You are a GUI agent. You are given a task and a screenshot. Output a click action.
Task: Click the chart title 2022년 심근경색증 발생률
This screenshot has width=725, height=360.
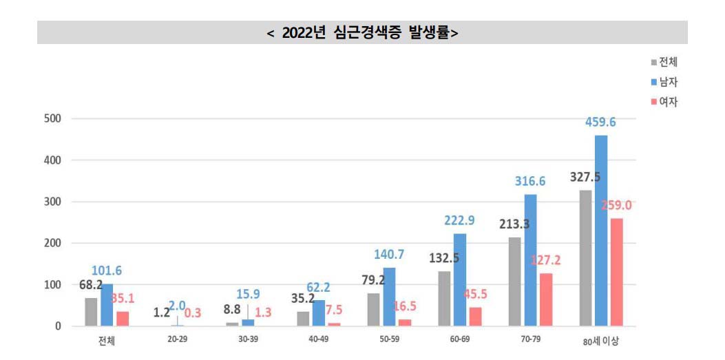tap(362, 33)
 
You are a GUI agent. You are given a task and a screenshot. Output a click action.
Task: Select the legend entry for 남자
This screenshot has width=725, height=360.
tap(664, 82)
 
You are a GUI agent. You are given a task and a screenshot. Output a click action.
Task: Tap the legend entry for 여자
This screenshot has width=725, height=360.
tap(664, 102)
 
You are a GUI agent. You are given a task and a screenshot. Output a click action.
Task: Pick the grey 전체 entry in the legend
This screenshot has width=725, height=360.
tap(664, 62)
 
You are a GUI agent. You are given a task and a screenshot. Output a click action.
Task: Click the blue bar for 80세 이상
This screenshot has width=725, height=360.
tap(601, 231)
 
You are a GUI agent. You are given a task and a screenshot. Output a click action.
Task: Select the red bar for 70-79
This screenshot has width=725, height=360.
tap(545, 299)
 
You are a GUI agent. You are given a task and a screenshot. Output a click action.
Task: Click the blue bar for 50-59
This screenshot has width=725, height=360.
tap(389, 297)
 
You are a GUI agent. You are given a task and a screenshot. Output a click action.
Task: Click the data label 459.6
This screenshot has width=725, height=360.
tap(601, 123)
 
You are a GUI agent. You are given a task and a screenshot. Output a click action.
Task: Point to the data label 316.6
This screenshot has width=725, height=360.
tap(530, 182)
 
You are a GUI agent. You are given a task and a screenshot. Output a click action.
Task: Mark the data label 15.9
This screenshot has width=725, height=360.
tap(248, 293)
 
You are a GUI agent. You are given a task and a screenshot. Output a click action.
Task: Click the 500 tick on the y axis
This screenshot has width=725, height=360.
tap(53, 118)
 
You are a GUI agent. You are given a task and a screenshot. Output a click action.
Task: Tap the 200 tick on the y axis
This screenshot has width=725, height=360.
tap(53, 243)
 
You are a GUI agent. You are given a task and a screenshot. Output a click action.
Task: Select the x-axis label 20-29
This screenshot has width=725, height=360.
tap(178, 340)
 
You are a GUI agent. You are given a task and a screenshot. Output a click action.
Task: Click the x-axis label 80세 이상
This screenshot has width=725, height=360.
tap(601, 340)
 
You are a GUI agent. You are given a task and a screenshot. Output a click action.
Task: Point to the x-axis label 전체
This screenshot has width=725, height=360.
tap(106, 340)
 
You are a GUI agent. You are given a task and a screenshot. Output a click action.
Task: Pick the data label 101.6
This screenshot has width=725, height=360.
tap(107, 271)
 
